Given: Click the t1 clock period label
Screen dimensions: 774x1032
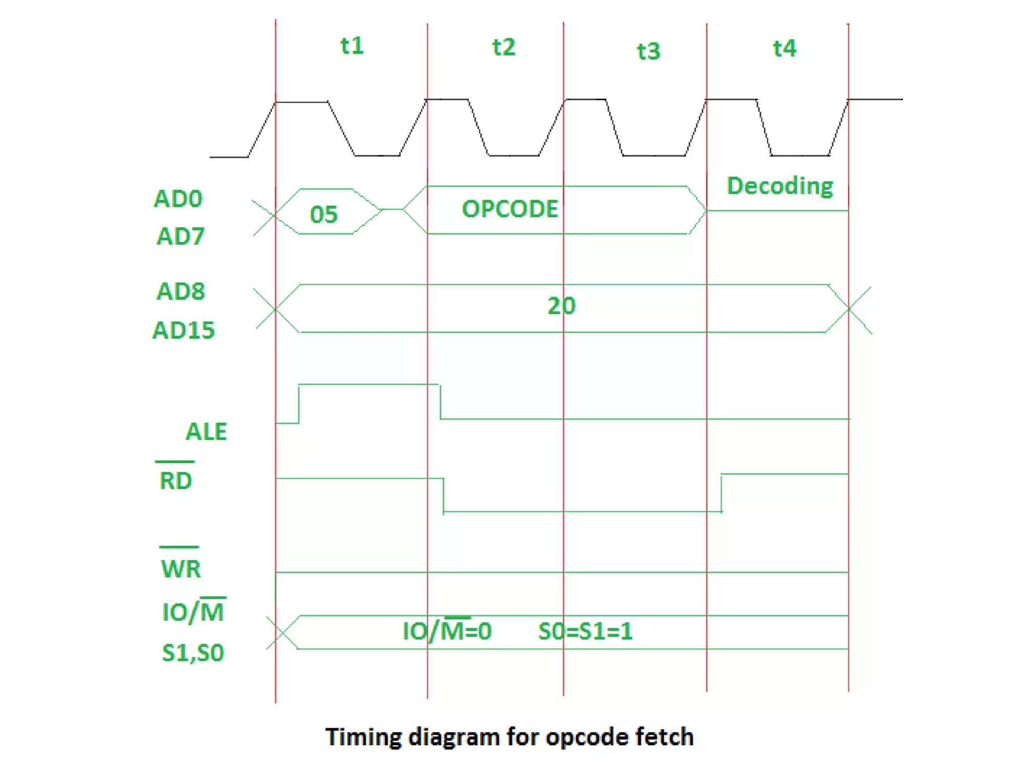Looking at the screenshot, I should coord(352,46).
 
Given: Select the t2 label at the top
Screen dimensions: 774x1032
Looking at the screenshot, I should coord(503,47).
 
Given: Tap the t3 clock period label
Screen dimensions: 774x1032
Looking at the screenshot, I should coord(648,51).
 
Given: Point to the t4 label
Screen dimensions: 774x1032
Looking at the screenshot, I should coord(784,48).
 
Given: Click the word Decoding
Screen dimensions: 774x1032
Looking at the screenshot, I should coord(780,186).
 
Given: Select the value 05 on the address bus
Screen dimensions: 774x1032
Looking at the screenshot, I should coord(324,214).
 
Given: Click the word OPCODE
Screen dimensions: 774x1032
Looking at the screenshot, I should coord(510,209).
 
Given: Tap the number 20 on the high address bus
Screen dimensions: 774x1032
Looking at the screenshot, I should coord(561,306).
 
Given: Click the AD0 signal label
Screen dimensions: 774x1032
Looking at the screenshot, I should coord(178,199).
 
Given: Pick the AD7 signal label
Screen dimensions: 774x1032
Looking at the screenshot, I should coord(180,236).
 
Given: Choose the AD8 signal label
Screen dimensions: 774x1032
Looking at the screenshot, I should coord(180,291).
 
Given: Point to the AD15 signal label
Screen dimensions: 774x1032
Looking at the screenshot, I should coord(183,330).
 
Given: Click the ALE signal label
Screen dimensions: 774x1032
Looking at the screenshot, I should coord(206,431).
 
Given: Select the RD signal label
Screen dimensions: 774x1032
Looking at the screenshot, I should coord(175,480).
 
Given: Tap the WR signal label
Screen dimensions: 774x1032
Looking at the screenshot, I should coord(180,568).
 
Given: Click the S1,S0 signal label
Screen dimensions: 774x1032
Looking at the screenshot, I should coord(192,653).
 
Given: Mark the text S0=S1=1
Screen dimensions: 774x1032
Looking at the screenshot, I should coord(585,631).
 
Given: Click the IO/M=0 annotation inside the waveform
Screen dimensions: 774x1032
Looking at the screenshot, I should coord(447,631).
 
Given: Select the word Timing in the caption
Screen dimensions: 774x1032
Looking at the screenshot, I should coord(363,737).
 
